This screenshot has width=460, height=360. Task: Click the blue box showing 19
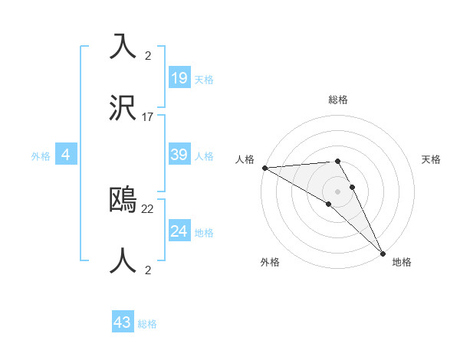[179, 77]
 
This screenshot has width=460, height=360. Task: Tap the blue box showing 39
[179, 155]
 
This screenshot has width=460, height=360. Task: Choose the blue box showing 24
[179, 231]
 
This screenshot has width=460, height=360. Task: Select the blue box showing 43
[123, 322]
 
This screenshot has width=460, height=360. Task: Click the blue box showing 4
[66, 155]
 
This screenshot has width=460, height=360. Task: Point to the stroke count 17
[148, 117]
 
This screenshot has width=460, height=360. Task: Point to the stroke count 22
[148, 208]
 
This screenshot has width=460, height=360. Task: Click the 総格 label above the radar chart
[338, 100]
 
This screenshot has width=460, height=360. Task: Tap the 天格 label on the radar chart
[432, 159]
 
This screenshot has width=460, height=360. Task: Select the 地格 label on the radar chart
[402, 262]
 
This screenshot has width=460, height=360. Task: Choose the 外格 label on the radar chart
[270, 262]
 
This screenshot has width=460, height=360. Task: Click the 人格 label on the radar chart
[245, 159]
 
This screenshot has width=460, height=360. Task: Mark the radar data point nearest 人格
[264, 168]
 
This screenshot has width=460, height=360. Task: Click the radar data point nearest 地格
[383, 253]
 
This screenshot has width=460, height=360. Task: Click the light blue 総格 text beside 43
[147, 324]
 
